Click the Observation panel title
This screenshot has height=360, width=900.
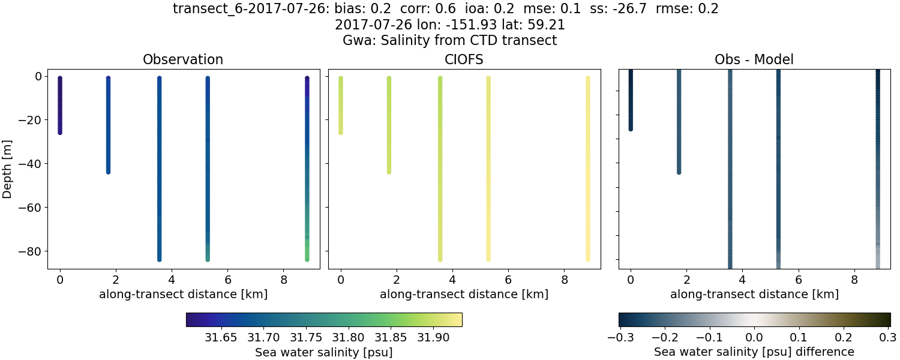(x=183, y=59)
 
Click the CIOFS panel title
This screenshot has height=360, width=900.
(x=464, y=59)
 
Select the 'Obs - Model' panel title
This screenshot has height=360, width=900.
(x=754, y=59)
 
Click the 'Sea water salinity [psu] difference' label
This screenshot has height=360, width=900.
(x=754, y=352)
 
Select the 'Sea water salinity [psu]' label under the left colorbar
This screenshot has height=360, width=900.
(x=324, y=352)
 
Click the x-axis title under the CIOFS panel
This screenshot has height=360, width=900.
(x=464, y=295)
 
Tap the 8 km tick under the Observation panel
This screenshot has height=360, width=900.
(x=284, y=280)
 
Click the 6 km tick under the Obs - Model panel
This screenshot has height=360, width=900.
(x=798, y=280)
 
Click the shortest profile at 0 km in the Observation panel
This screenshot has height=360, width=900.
(x=60, y=105)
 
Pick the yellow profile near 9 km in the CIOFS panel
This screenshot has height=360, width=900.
(x=588, y=168)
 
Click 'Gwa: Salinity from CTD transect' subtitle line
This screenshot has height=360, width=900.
(x=450, y=41)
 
